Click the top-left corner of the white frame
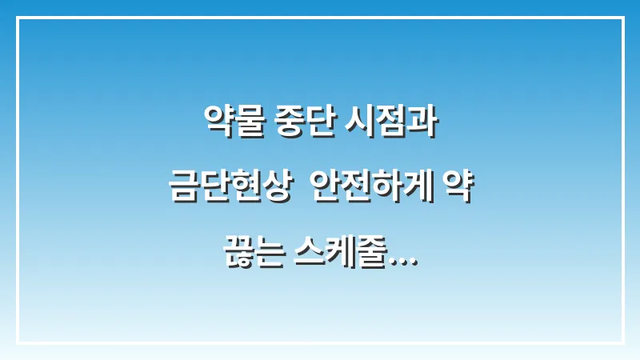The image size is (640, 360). point(18,18)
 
